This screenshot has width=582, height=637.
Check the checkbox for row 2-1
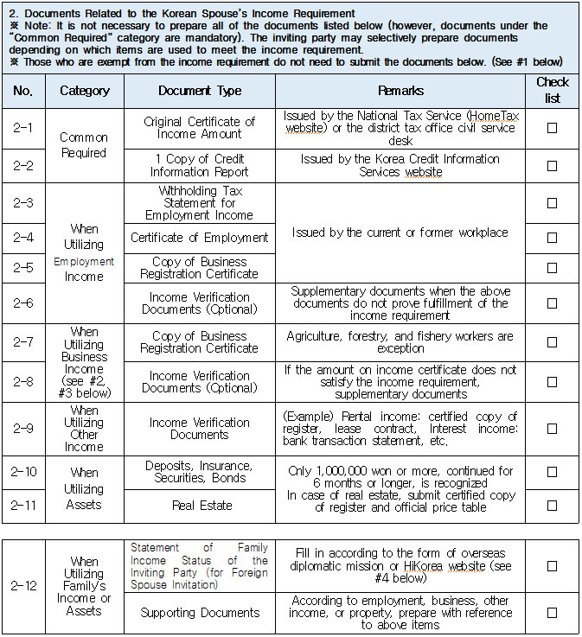552,128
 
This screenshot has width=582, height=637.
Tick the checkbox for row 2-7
552,342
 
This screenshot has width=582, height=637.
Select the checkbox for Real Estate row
552,505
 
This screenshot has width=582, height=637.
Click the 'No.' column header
23,91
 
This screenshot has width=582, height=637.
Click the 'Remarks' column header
400,91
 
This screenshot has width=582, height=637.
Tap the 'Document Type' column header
200,91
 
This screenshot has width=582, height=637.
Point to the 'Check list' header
552,90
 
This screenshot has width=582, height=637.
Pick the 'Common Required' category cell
84,145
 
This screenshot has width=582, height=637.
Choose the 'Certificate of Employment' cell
200,238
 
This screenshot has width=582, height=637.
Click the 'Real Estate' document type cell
200,506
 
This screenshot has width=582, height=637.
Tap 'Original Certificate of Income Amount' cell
200,128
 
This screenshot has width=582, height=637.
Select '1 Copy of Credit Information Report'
200,165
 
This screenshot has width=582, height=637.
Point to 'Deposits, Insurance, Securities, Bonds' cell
200,472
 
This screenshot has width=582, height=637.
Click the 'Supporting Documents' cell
200,613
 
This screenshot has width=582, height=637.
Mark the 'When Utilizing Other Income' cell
85,429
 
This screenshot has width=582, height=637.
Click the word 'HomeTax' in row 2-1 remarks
492,115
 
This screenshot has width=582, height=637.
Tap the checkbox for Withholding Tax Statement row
552,203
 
